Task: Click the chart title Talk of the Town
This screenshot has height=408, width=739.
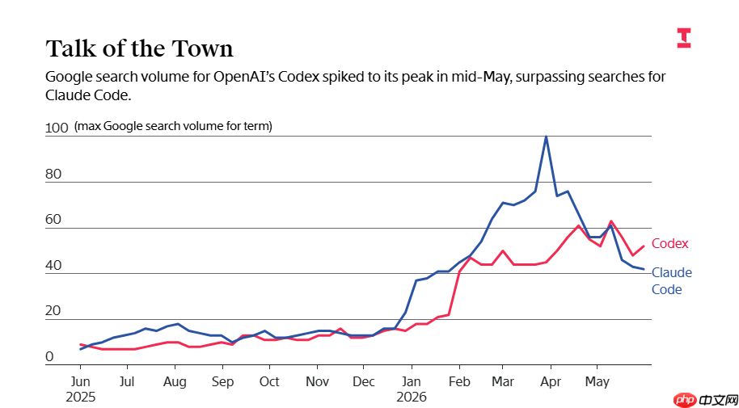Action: pyautogui.click(x=140, y=49)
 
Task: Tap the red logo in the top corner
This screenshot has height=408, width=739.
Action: pyautogui.click(x=684, y=38)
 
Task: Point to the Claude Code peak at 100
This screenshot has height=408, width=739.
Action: pyautogui.click(x=546, y=137)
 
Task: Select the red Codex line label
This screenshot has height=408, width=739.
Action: pyautogui.click(x=669, y=243)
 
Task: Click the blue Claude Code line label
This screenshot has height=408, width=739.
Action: pyautogui.click(x=672, y=281)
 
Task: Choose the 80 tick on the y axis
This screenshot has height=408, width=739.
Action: pyautogui.click(x=53, y=175)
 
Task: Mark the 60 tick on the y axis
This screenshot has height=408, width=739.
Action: pyautogui.click(x=53, y=220)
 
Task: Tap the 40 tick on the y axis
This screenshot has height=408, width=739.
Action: pyautogui.click(x=53, y=266)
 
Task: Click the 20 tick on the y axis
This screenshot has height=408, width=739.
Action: pyautogui.click(x=53, y=311)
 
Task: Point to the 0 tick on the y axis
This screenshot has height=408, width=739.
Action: pyautogui.click(x=49, y=357)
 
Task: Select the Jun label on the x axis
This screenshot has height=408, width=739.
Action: pyautogui.click(x=80, y=381)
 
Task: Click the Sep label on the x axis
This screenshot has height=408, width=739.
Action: pyautogui.click(x=222, y=381)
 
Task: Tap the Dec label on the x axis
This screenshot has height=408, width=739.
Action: pyautogui.click(x=363, y=381)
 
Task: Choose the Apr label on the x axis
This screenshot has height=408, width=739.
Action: pyautogui.click(x=551, y=381)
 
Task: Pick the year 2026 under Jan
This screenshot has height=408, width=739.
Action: pyautogui.click(x=412, y=397)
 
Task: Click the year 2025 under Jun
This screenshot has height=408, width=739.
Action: pyautogui.click(x=80, y=397)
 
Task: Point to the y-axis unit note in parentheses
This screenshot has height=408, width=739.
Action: pyautogui.click(x=174, y=127)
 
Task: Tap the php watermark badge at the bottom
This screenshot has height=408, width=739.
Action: pyautogui.click(x=706, y=401)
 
